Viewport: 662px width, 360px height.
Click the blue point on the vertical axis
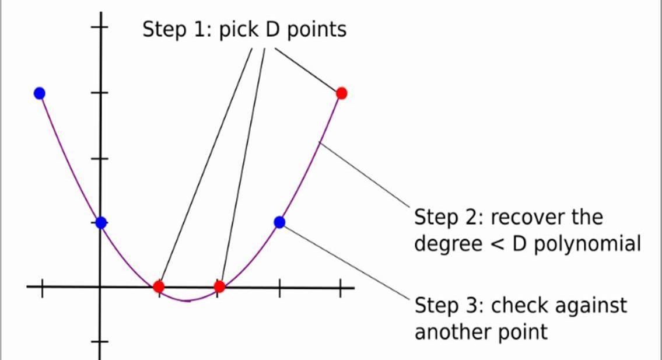100,222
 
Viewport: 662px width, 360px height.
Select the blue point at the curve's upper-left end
39,93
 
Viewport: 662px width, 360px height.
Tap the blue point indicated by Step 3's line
279,222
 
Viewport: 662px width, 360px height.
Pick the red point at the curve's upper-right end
342,93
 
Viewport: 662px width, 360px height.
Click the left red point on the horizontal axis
158,286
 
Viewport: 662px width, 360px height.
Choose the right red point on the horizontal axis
219,286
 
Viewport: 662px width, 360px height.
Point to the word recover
527,217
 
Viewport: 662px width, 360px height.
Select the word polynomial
587,244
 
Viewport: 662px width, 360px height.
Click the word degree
448,244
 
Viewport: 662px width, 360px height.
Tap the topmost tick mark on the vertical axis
100,27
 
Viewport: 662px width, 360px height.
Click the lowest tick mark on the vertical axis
100,341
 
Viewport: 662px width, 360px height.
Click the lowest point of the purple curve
187,301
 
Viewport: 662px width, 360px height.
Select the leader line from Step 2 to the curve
365,175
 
